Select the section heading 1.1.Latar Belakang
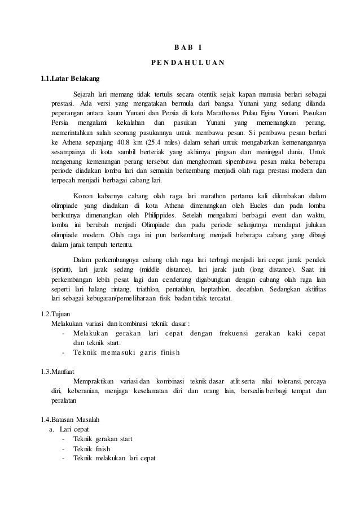point(63,78)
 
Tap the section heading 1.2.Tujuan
point(53,313)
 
